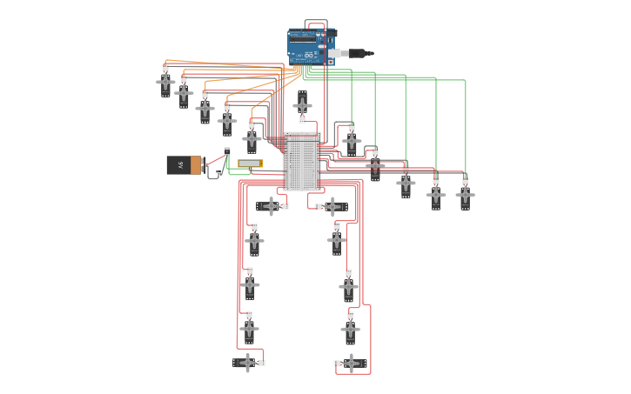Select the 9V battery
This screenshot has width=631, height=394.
click(x=184, y=165)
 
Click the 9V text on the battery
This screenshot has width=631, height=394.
click(x=180, y=164)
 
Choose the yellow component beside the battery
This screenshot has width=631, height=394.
click(x=250, y=164)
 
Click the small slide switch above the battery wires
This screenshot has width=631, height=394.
click(x=227, y=150)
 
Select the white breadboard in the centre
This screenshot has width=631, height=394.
click(x=302, y=162)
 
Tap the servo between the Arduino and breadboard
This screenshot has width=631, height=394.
click(x=302, y=106)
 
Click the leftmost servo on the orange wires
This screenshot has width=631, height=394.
click(x=165, y=83)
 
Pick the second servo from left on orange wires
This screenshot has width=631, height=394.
click(x=184, y=92)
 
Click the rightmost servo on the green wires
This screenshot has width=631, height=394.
click(x=466, y=196)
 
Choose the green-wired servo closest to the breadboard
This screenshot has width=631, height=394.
click(x=351, y=140)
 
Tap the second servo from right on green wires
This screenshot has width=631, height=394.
click(x=436, y=196)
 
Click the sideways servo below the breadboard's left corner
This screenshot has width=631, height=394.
click(x=271, y=206)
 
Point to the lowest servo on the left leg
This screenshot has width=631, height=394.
click(x=248, y=363)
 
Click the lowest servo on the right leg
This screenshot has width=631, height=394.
click(x=351, y=363)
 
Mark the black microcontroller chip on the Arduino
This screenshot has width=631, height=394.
click(x=304, y=37)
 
